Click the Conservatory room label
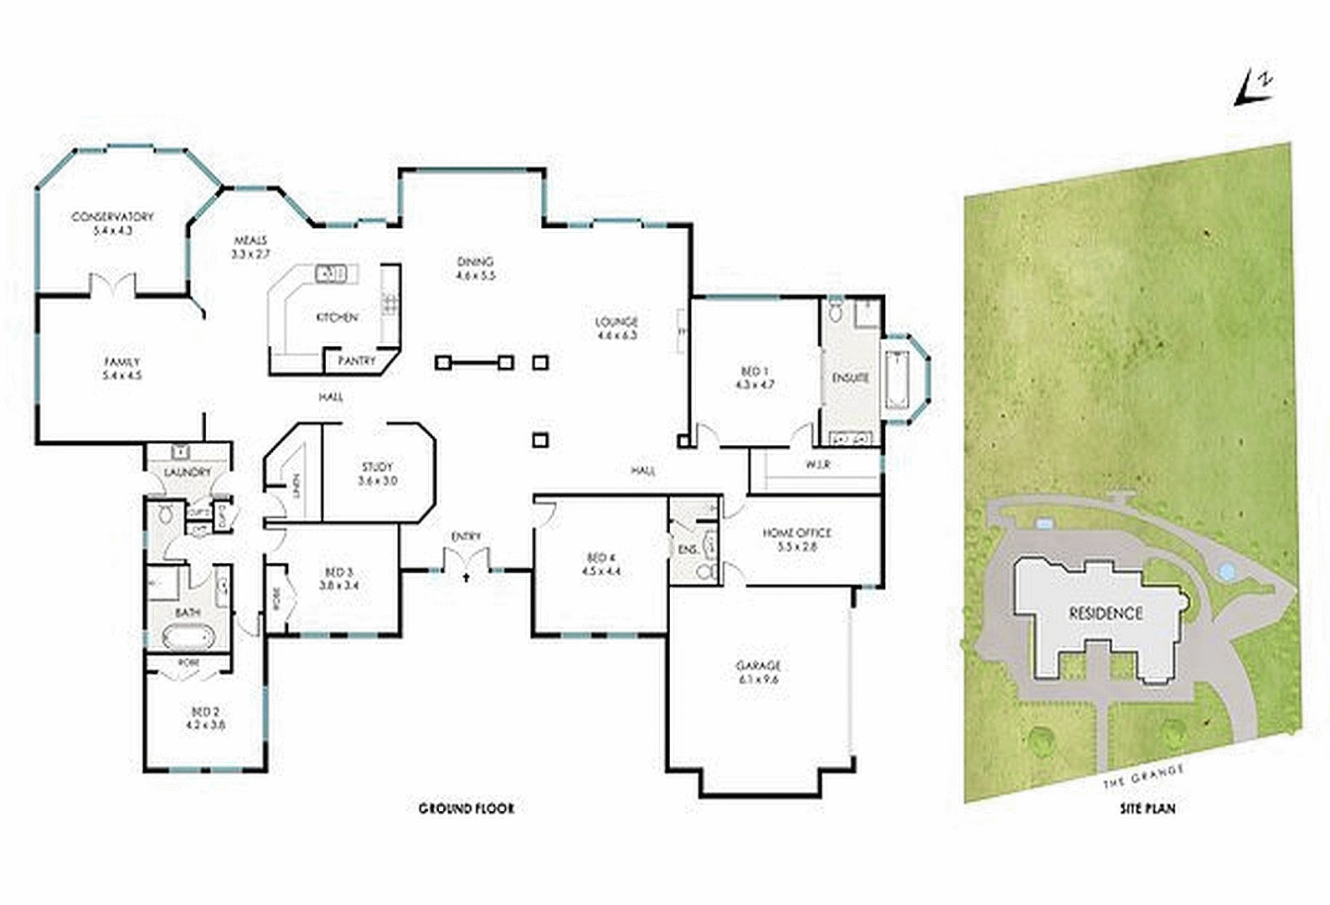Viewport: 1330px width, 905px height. [113, 217]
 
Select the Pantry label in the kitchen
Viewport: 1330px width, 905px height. [357, 361]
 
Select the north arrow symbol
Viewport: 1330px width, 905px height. [1254, 88]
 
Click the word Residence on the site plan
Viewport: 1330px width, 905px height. [1106, 613]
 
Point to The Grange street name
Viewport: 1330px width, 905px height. [1143, 776]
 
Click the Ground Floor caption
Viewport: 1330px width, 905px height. [467, 809]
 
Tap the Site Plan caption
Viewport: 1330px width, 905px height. [1147, 809]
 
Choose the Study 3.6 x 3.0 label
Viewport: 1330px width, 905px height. [378, 473]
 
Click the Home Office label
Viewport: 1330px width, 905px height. [796, 533]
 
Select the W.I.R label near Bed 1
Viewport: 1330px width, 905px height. [817, 464]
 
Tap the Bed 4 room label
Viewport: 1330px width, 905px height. [601, 558]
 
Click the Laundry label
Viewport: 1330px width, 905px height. [187, 473]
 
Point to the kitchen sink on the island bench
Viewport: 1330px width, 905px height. [330, 273]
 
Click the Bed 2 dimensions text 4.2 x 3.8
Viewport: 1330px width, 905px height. [206, 725]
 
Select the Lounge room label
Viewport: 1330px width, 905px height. [616, 322]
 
